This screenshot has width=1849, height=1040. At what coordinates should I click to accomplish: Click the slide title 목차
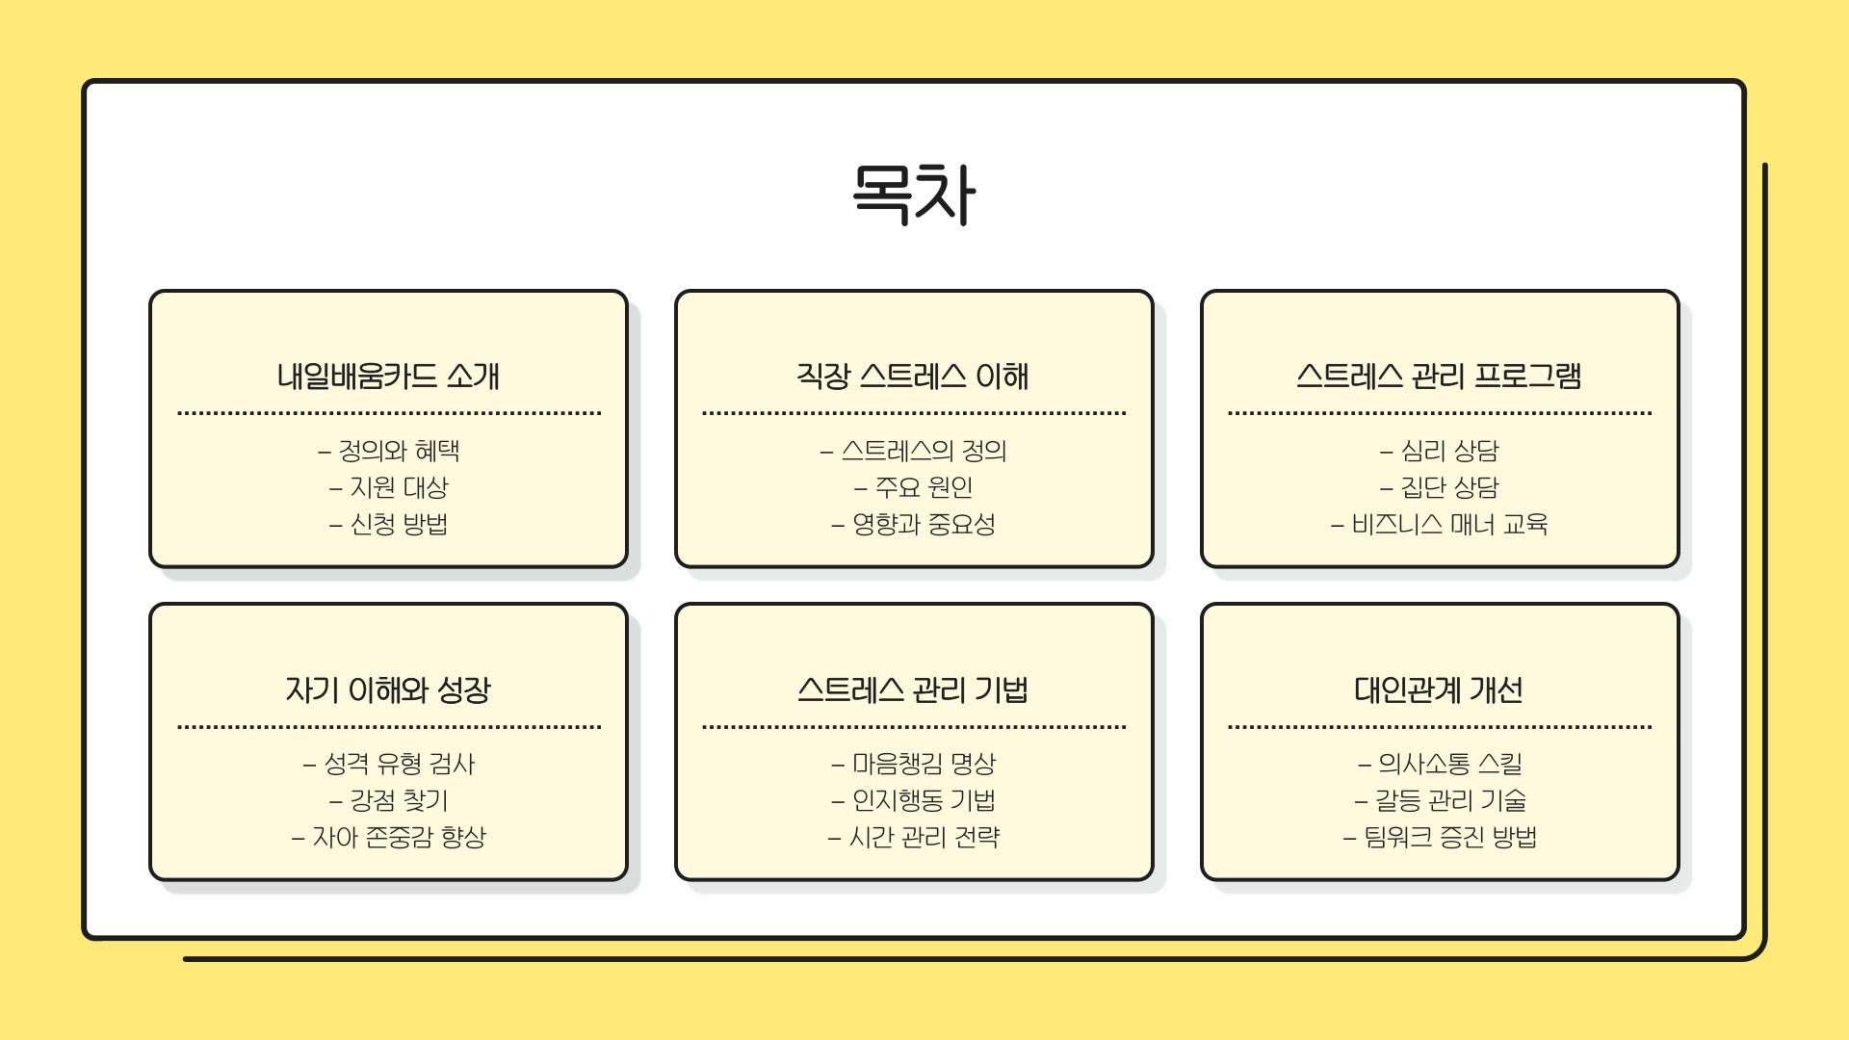click(x=914, y=195)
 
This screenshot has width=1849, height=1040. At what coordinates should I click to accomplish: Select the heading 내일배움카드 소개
click(x=388, y=376)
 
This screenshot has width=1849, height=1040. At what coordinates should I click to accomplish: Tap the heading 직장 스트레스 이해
click(x=913, y=376)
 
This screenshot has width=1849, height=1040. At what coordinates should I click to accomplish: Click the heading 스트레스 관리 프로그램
click(x=1439, y=376)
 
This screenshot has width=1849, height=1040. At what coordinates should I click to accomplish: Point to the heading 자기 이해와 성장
click(x=388, y=689)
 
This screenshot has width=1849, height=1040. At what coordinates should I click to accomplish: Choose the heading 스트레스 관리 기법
click(x=913, y=689)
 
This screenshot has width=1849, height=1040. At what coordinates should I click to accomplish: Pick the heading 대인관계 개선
click(x=1439, y=689)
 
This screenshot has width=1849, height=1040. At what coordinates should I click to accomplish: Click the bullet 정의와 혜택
click(x=399, y=451)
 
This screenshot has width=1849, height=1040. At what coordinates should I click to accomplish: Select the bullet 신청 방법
click(x=399, y=524)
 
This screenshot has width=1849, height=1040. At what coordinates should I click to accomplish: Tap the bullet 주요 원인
click(x=924, y=487)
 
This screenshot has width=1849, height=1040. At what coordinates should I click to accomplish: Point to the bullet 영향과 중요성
click(x=924, y=524)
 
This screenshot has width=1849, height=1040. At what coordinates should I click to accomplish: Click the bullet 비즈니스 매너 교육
click(x=1449, y=524)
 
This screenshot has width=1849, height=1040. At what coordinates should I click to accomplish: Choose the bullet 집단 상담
click(x=1449, y=487)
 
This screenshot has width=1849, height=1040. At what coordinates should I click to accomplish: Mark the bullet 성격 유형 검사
click(x=399, y=764)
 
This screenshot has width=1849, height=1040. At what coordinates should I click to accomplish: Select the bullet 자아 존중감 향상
click(x=399, y=837)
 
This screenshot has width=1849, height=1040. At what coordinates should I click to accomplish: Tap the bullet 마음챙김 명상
click(x=924, y=764)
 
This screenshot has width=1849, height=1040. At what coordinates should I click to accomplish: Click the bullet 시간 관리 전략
click(x=924, y=837)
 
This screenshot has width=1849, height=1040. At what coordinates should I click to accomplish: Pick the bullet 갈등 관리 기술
click(x=1449, y=800)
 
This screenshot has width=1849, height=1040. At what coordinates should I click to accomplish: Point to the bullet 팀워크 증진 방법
click(x=1449, y=837)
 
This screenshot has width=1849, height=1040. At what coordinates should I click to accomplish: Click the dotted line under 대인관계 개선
click(x=1439, y=727)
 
